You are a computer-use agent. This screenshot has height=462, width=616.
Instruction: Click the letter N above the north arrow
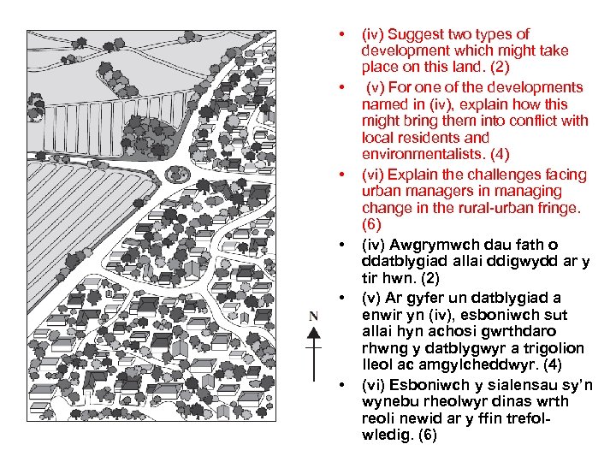(x=313, y=317)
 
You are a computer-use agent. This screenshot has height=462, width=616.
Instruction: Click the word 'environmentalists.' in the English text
(x=417, y=154)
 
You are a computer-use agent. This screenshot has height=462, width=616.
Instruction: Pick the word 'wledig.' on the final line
(x=388, y=435)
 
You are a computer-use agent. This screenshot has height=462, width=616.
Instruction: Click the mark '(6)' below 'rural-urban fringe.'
(x=372, y=225)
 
